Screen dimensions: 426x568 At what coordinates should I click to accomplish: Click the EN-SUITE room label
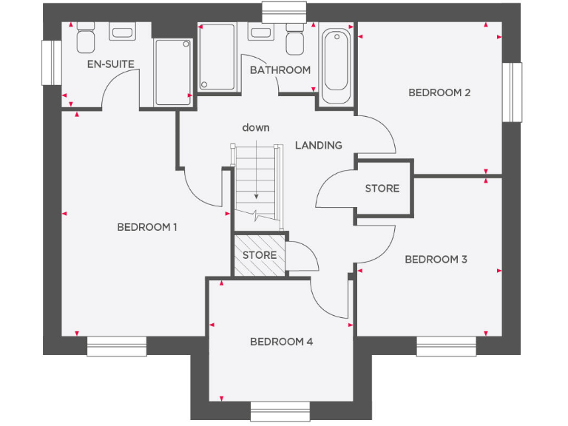pos(111,64)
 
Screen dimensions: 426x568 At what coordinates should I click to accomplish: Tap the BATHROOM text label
pos(280,70)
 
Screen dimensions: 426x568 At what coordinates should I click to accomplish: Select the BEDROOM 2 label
pos(439,92)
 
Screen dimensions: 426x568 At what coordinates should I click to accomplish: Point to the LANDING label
pos(319,145)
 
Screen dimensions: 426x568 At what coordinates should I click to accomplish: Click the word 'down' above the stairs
pos(256,128)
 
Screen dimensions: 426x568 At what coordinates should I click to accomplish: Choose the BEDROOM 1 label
pos(147,227)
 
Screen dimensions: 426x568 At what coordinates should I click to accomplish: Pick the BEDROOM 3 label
pos(436,260)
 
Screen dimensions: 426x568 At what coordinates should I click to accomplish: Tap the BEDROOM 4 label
pos(281,342)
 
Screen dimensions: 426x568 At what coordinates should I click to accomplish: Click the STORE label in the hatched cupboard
pos(260,255)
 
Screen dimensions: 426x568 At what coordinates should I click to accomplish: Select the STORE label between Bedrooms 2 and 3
pos(382,189)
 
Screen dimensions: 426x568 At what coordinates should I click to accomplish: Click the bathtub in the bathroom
pos(337,67)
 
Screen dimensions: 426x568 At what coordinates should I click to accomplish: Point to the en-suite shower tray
pos(172,72)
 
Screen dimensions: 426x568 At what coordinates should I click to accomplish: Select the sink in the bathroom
pos(260,34)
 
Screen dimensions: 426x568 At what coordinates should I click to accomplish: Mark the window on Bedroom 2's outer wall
pos(513,92)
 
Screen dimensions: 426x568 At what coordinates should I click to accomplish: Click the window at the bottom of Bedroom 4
pos(280,411)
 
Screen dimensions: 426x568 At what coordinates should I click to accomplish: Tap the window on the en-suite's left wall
pos(51,63)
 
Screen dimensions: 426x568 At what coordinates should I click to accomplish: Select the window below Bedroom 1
pos(117,346)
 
